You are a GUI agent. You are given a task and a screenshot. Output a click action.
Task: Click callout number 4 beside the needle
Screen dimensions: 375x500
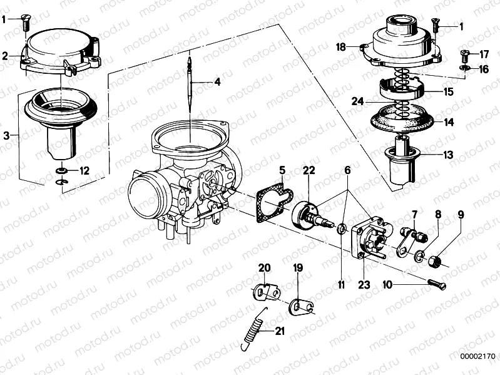coord(217,82)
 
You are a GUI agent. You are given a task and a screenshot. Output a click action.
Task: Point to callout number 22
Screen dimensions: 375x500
coord(309,170)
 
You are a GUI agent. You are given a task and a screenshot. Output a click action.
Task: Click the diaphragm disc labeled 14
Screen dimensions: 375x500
coord(404,119)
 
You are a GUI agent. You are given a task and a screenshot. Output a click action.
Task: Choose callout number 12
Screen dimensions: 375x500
coord(84,170)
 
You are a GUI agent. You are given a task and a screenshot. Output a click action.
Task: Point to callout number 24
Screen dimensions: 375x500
coord(357,101)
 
